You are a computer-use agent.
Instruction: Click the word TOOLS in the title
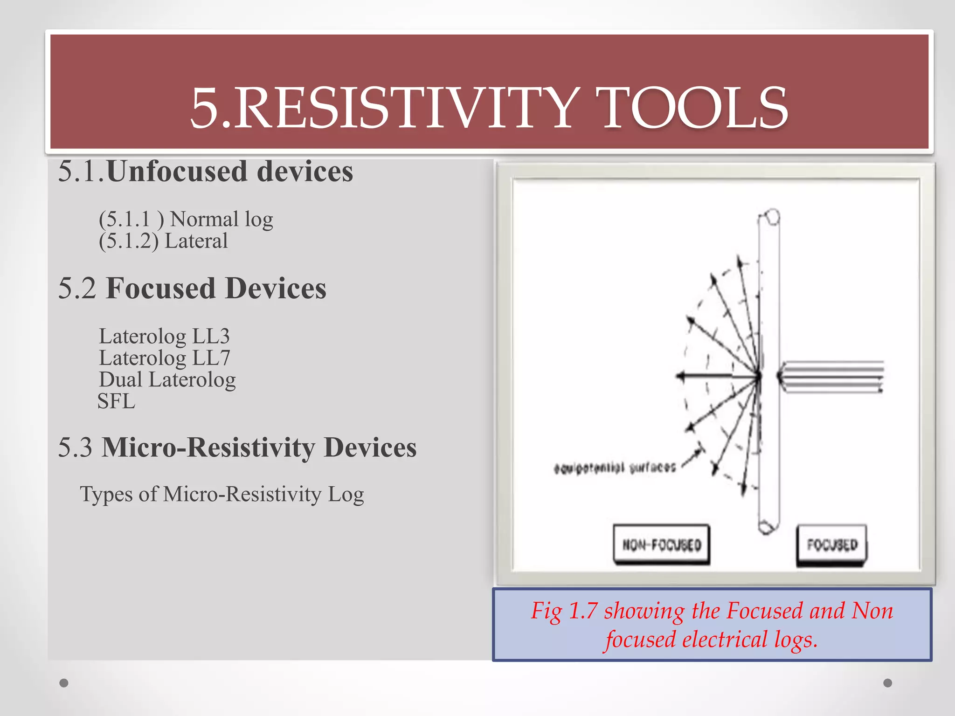(694, 109)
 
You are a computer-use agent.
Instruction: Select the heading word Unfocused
(177, 171)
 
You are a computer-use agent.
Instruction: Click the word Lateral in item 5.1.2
(196, 241)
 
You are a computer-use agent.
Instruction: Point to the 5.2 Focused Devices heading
(192, 288)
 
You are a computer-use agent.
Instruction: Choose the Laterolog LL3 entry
(164, 336)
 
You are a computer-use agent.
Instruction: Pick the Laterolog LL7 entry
(164, 358)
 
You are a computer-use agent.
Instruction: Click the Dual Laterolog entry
(167, 379)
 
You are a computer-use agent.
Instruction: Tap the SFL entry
(116, 401)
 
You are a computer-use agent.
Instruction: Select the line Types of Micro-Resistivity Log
(221, 494)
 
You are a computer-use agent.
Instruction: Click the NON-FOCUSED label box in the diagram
(661, 544)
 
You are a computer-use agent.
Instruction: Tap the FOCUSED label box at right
(832, 544)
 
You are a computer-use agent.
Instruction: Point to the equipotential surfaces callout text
(615, 468)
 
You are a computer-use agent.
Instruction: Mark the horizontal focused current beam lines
(832, 376)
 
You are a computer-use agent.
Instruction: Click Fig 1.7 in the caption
(564, 611)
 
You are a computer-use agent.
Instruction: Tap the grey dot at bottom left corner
(64, 683)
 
